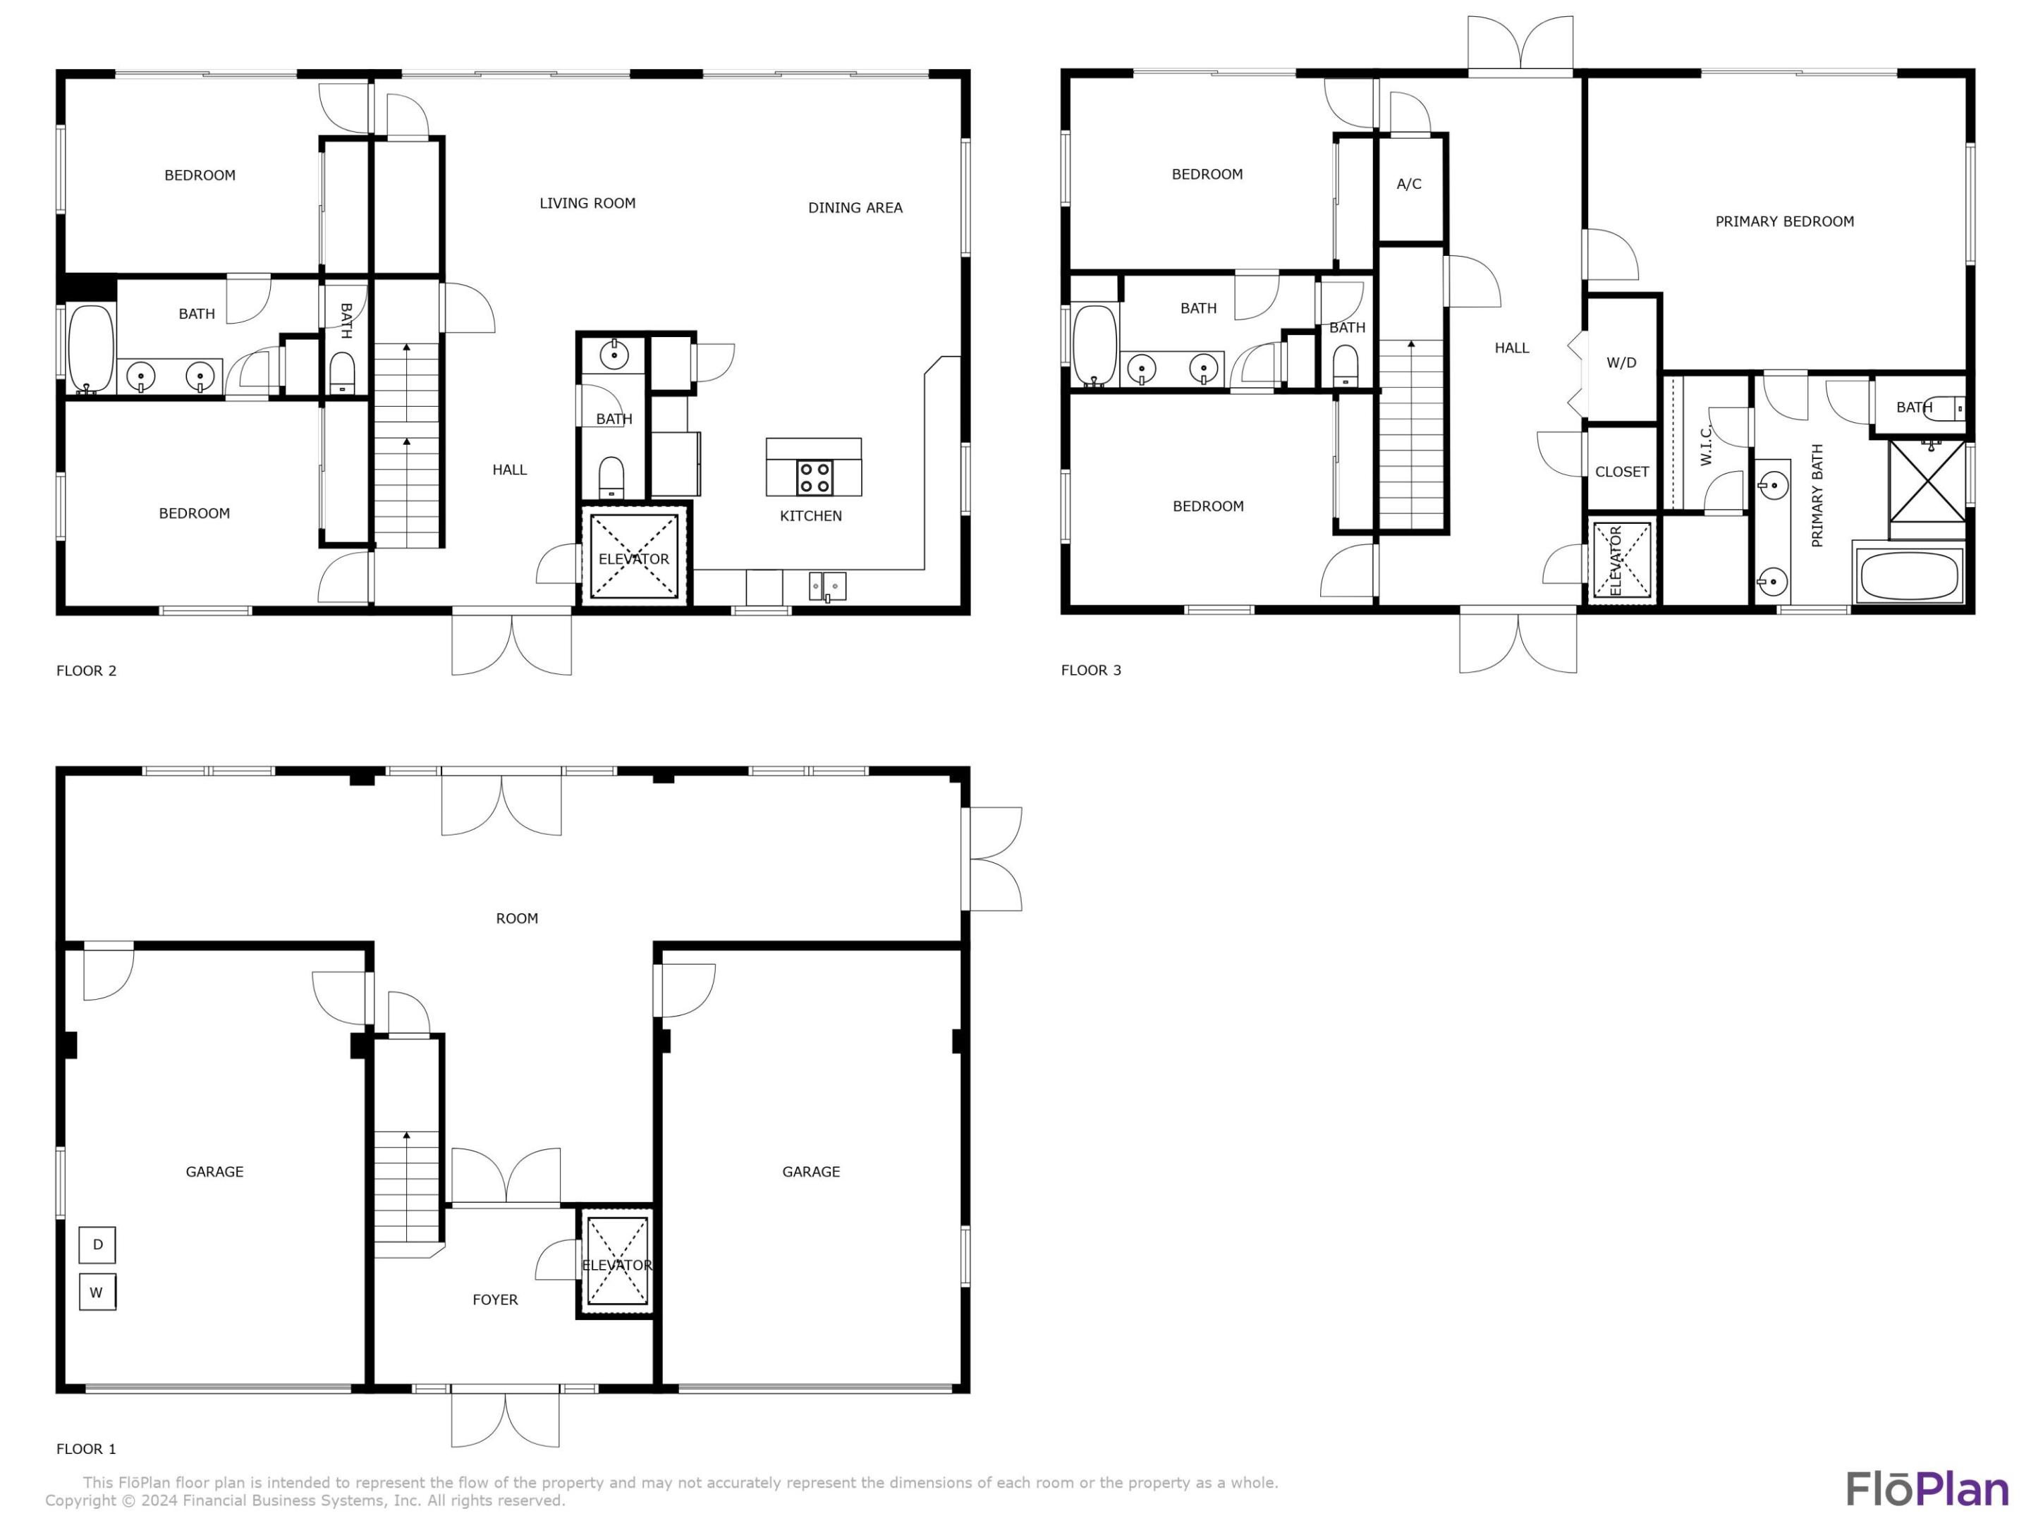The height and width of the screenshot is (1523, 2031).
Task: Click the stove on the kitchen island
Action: pos(815,477)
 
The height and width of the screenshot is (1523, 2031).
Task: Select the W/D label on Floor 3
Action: pos(1621,362)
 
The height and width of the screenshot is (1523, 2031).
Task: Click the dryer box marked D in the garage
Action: pos(97,1244)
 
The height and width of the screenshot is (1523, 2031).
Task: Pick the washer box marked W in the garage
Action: pos(97,1292)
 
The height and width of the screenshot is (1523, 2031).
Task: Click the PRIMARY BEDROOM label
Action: pos(1784,221)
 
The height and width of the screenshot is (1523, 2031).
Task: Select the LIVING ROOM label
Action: pos(587,204)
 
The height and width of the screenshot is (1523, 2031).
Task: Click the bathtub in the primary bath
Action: pos(1909,575)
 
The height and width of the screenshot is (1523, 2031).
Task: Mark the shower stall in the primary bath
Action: pos(1927,489)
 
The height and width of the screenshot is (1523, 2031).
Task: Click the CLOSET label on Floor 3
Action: pos(1621,472)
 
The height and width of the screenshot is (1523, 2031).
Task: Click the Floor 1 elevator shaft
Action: pos(616,1261)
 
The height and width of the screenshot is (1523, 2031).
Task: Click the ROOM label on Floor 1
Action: pos(517,919)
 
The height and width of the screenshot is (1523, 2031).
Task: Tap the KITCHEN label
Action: pos(811,516)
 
